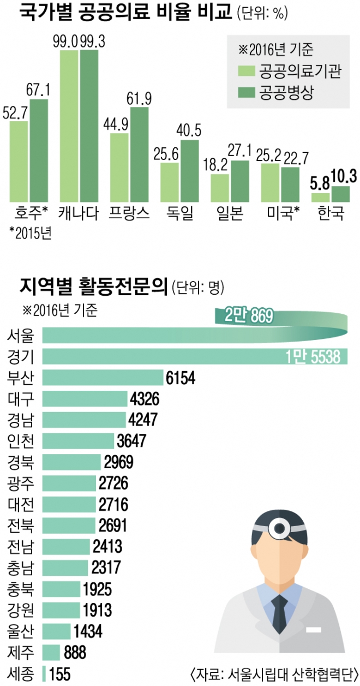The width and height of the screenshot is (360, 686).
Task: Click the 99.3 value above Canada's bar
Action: tap(89, 41)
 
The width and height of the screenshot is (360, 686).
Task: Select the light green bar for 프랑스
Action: tap(119, 167)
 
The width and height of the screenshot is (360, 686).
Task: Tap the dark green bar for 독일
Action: tap(189, 171)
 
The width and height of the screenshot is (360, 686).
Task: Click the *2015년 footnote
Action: tap(31, 233)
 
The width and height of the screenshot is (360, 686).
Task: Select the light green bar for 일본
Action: tap(220, 188)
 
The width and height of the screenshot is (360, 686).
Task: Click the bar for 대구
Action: tap(85, 398)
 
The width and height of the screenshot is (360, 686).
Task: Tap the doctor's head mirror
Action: tap(281, 527)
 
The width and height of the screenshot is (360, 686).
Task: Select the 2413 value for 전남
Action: tap(107, 546)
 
